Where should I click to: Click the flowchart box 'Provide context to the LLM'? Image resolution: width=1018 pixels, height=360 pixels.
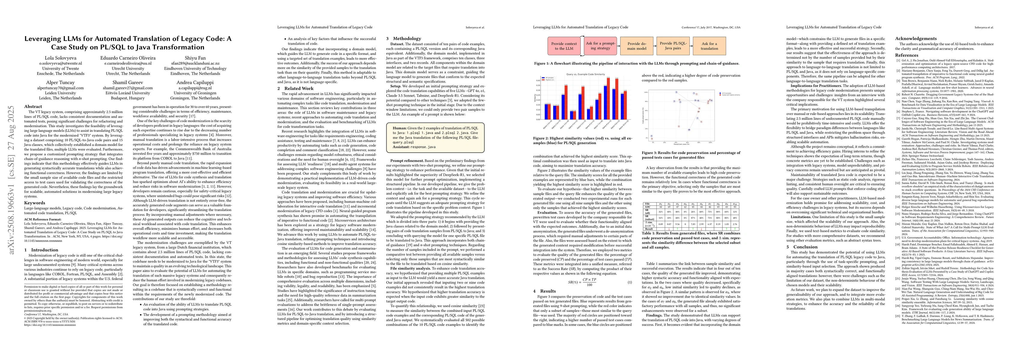click(x=564, y=46)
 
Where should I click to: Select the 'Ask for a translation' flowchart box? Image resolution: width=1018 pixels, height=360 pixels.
click(x=709, y=46)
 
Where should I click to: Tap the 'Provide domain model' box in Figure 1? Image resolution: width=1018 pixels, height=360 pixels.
click(x=637, y=46)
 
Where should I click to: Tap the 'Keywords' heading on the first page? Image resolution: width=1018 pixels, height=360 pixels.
click(x=35, y=203)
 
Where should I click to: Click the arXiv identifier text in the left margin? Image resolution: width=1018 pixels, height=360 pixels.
click(x=12, y=180)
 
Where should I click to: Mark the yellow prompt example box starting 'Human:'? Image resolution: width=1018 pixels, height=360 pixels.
click(x=435, y=137)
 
